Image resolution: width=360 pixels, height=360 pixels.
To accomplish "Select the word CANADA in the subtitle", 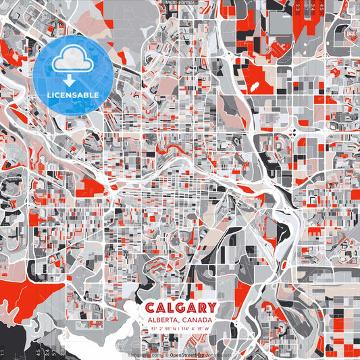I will (x=197, y=319).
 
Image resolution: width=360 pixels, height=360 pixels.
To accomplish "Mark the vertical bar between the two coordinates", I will (x=179, y=330).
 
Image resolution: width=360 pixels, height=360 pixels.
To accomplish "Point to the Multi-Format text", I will (x=179, y=3).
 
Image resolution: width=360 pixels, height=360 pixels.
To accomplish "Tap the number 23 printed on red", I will (x=298, y=7).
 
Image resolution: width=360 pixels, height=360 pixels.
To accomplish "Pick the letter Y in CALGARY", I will (x=211, y=307).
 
